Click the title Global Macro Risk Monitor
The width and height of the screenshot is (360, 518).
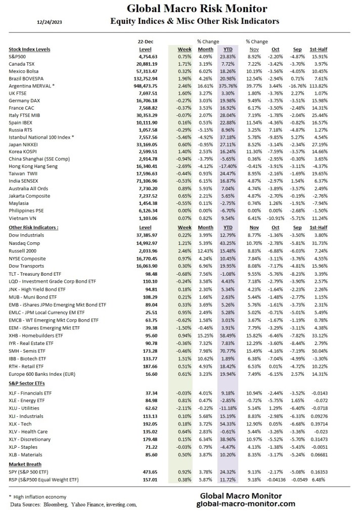click(197, 9)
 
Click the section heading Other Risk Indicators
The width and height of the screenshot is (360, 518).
click(33, 228)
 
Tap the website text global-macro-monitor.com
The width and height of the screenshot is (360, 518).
click(245, 504)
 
